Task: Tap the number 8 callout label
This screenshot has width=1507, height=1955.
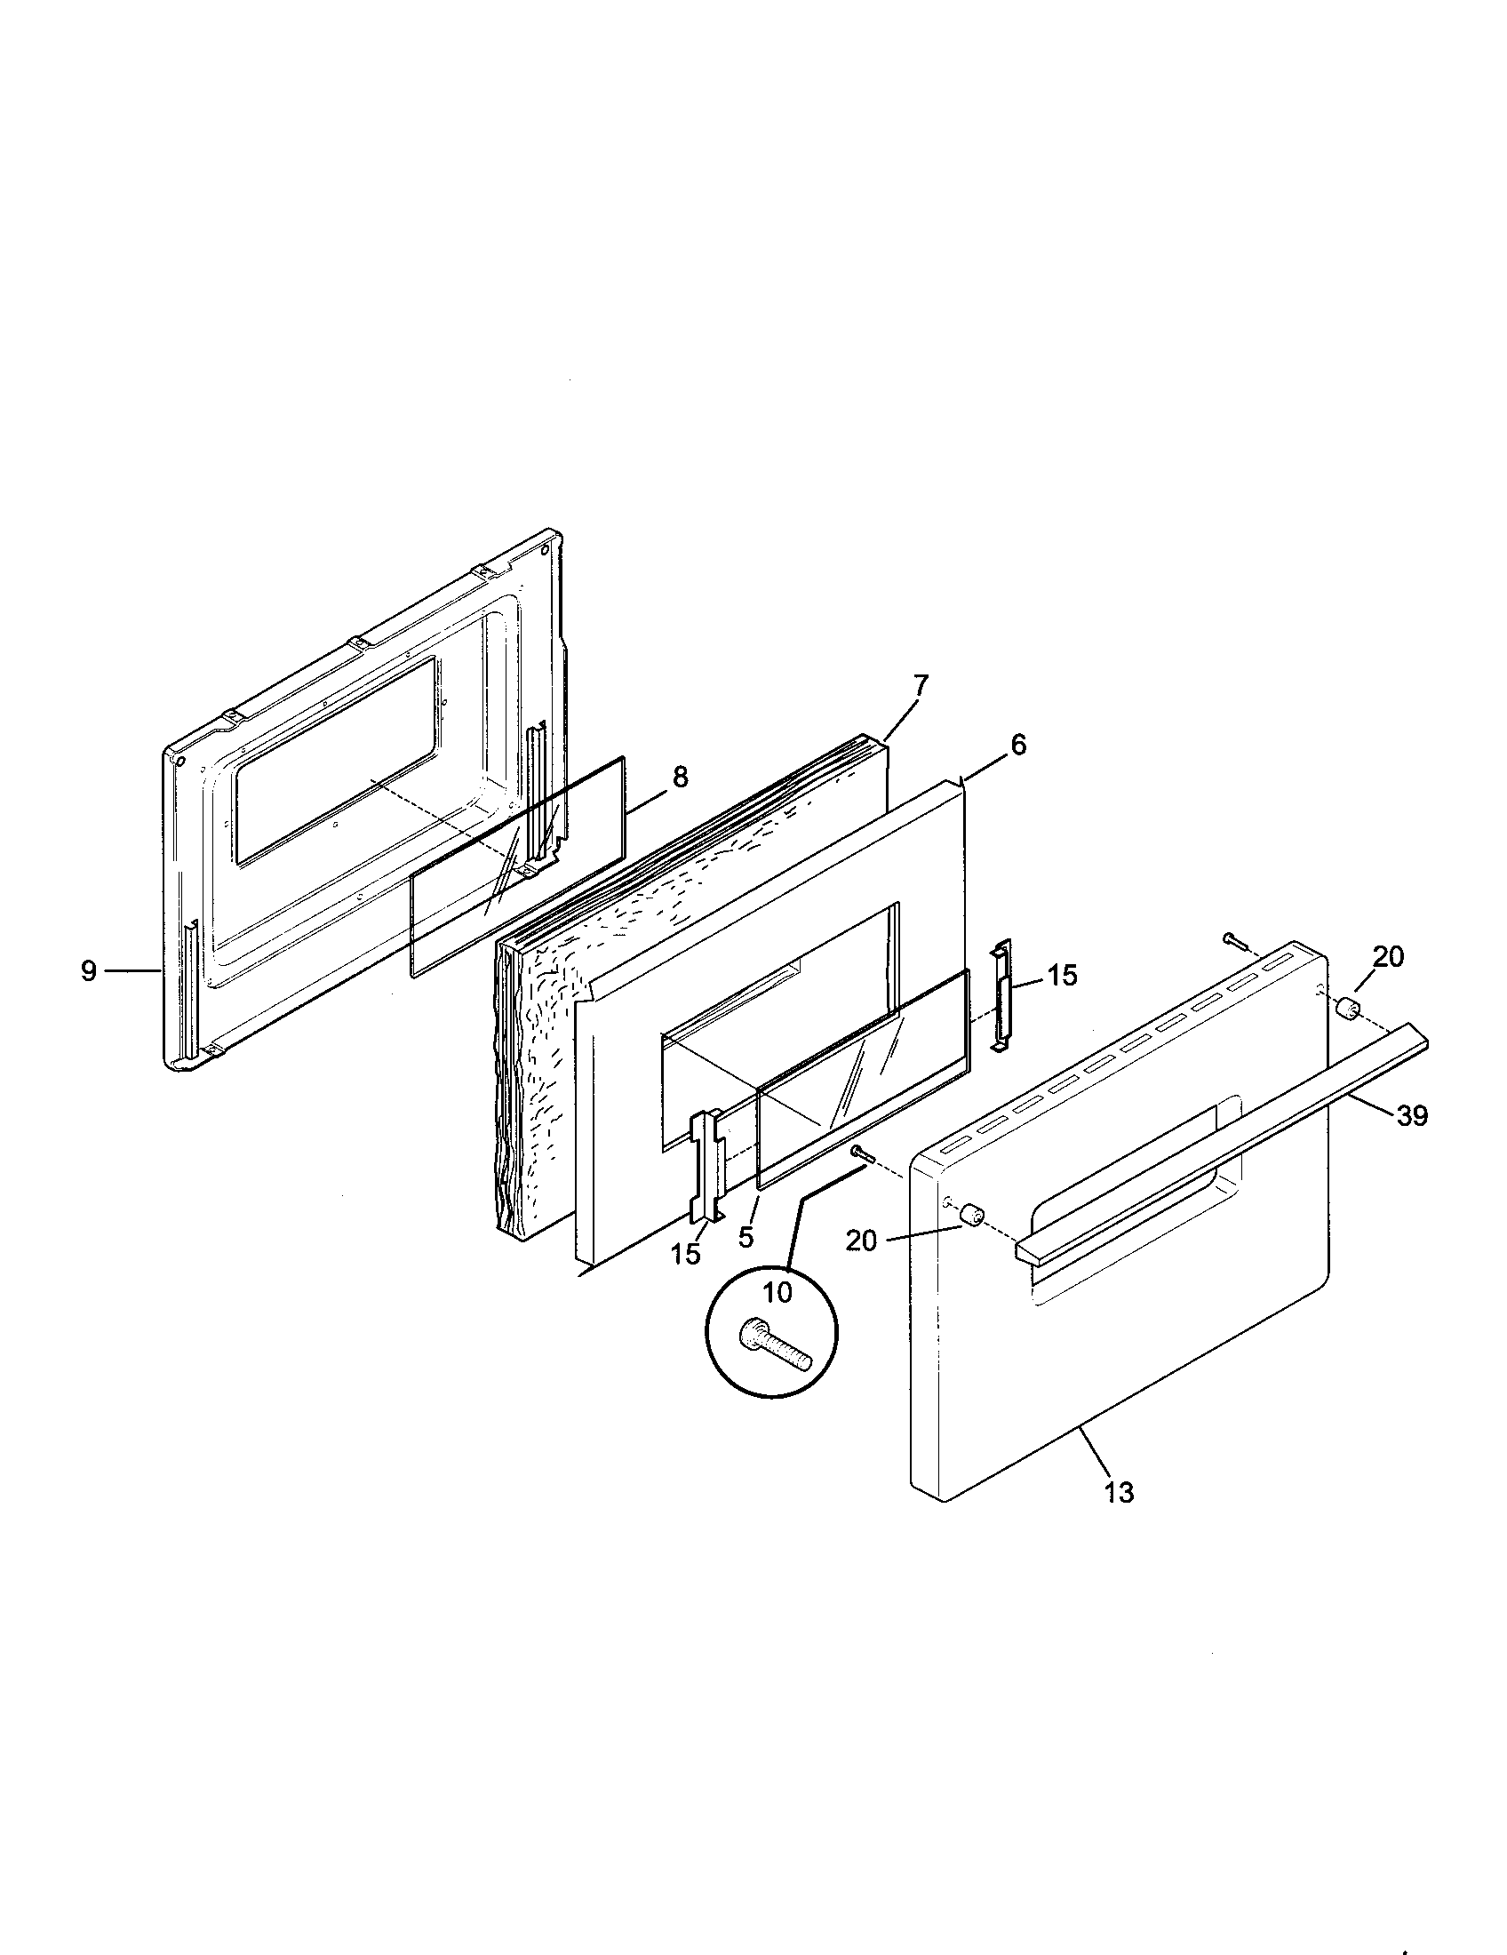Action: click(680, 777)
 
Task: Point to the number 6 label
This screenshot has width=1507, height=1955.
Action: click(1018, 745)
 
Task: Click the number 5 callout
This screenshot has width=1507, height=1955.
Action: click(746, 1238)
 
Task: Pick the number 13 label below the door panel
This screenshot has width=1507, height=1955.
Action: click(1119, 1491)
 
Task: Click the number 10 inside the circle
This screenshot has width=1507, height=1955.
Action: click(777, 1292)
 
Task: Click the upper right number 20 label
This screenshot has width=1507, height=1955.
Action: click(1388, 957)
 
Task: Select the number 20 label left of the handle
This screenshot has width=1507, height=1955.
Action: click(861, 1241)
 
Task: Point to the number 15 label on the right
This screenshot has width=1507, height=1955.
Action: click(1062, 976)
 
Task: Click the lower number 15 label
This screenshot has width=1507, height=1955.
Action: click(686, 1254)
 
